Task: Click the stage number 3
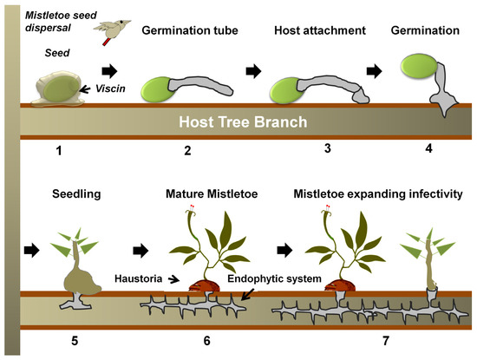[x=327, y=148]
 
